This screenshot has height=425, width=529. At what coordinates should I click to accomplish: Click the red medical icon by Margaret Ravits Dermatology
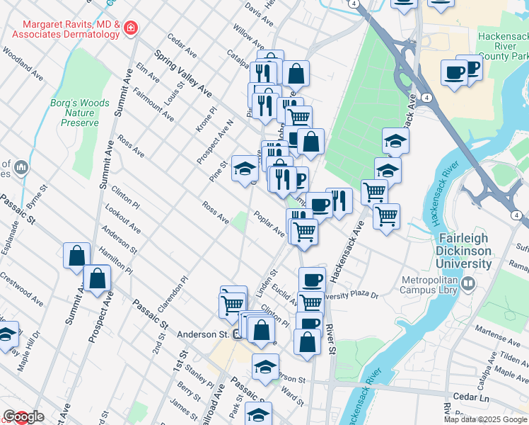point(129,29)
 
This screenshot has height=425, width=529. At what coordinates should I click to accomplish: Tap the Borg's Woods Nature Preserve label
point(80,113)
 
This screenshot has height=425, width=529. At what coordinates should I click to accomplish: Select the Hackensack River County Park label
point(502,45)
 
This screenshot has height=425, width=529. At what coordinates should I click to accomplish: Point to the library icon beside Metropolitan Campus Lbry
point(467,285)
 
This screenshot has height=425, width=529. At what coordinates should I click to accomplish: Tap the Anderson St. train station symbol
point(238,336)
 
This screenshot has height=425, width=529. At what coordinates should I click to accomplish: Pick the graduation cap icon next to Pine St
point(245,169)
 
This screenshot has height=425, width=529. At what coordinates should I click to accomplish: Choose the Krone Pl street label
point(206,120)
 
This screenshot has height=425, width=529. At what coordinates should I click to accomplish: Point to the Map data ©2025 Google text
point(484,419)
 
